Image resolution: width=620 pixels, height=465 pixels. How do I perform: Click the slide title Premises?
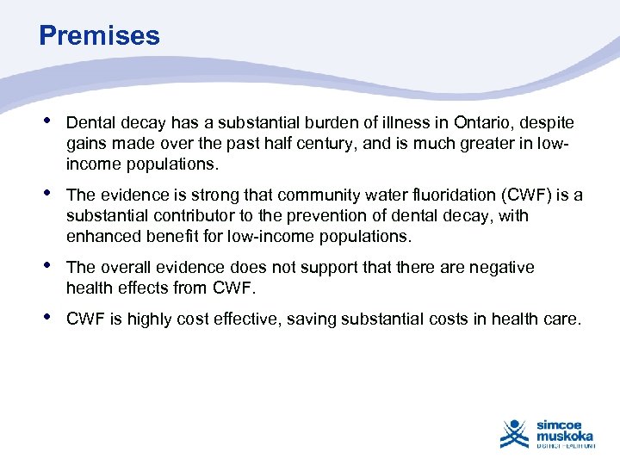click(99, 35)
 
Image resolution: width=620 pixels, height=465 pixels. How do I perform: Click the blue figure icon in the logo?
click(515, 433)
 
